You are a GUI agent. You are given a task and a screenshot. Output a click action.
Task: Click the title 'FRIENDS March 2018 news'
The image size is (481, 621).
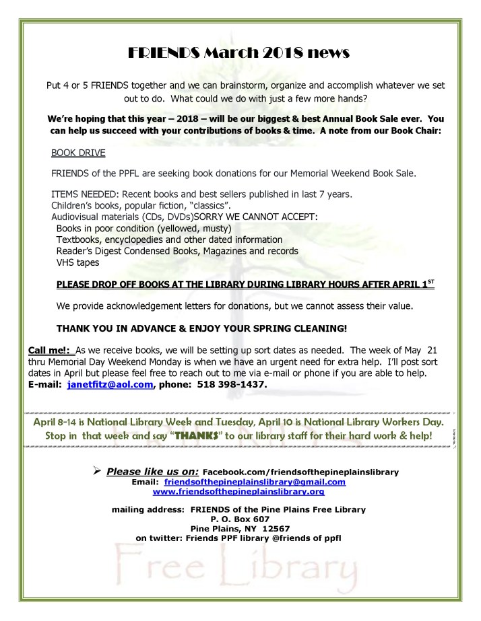point(241,53)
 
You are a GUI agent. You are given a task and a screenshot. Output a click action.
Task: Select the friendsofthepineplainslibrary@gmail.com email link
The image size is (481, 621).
point(255,482)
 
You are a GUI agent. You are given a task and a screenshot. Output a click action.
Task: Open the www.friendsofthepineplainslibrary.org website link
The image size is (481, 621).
point(240,492)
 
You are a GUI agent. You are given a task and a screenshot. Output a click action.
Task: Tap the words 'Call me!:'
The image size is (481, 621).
point(51,350)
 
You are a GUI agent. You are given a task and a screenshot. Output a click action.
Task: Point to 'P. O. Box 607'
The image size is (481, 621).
point(240,519)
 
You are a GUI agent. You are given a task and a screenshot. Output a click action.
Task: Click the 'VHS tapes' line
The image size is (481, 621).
point(77,262)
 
